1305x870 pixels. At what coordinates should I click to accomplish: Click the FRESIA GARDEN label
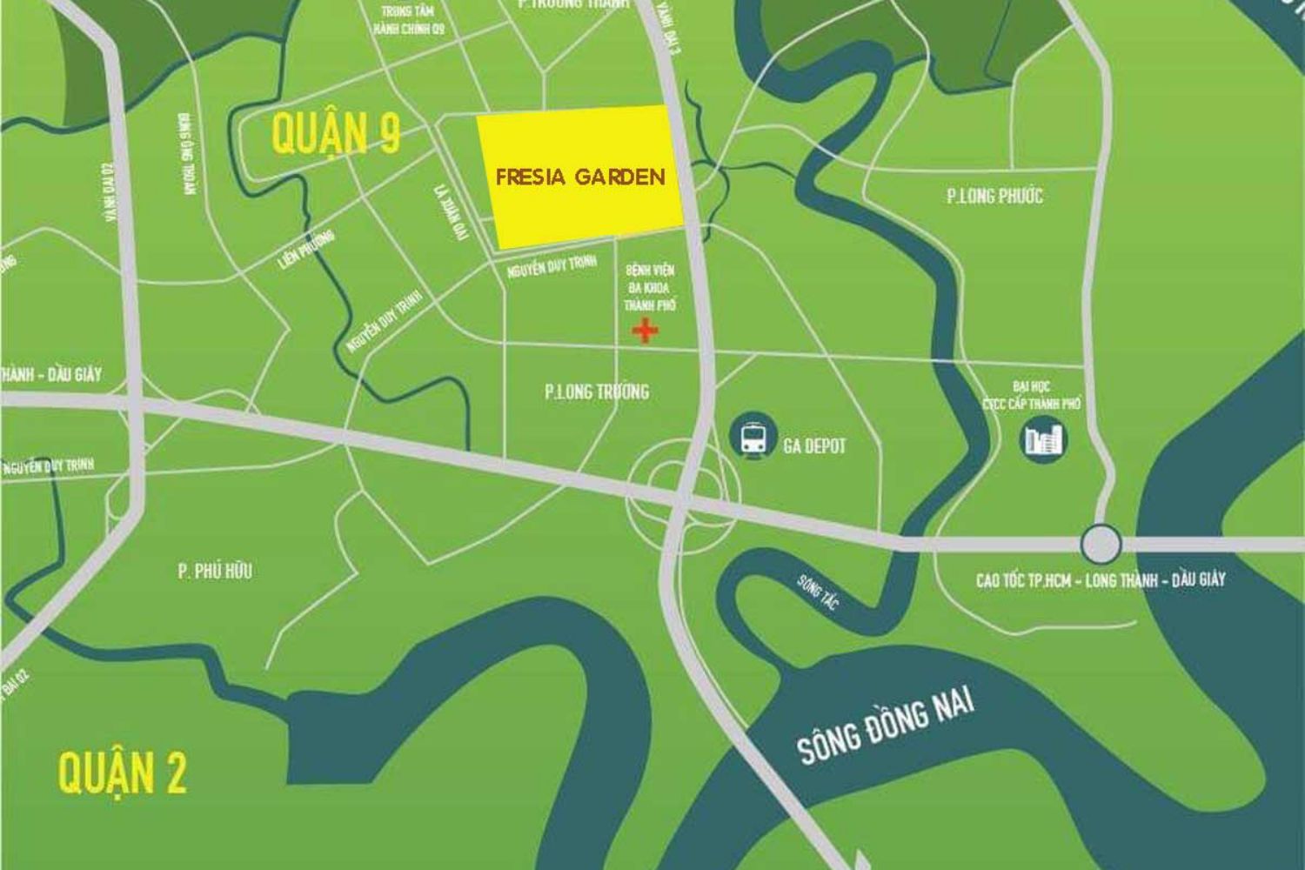[x=580, y=177]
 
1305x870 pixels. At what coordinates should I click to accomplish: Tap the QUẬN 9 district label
[x=336, y=133]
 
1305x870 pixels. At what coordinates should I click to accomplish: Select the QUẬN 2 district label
[x=122, y=773]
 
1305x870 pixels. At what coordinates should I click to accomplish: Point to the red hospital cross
[x=644, y=331]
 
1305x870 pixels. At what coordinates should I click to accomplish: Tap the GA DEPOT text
[x=813, y=446]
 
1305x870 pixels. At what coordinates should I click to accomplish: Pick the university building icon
[x=1042, y=439]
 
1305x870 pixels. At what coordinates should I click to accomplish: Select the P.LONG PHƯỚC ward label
[x=994, y=196]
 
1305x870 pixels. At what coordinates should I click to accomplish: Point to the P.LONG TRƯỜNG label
[x=597, y=391]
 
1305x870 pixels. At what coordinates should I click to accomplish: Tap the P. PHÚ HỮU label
[x=215, y=571]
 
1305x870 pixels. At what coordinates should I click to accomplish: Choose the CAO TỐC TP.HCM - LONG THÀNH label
[x=1100, y=579]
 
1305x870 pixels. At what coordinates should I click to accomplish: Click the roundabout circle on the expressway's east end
[x=1101, y=545]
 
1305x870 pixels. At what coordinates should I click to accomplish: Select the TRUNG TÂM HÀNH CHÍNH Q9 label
[x=409, y=20]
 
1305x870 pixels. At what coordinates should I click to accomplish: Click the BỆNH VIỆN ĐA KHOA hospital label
[x=650, y=288]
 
